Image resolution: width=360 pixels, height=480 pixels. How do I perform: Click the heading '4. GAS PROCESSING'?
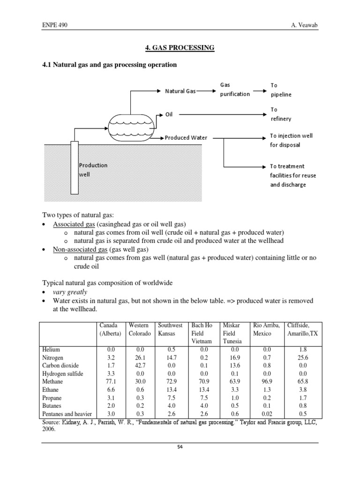click(178, 48)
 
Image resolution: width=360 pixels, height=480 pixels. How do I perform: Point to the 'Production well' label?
click(93, 169)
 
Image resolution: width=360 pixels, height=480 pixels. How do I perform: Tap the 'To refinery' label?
click(280, 114)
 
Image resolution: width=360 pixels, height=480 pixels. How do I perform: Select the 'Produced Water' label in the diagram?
click(186, 138)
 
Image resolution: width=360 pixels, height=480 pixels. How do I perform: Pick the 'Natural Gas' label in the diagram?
click(180, 91)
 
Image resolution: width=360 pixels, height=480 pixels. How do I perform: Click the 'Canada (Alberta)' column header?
click(110, 329)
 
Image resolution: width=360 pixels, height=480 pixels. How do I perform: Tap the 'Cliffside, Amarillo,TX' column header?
click(301, 329)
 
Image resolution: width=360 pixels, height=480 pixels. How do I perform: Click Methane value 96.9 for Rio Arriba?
click(267, 382)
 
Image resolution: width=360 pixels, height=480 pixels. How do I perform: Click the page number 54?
click(180, 447)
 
